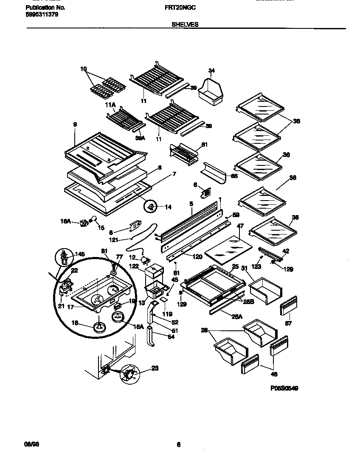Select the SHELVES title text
[185, 25]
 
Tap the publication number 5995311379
[42, 14]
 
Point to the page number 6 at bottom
[179, 444]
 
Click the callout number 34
[211, 70]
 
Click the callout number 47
[240, 226]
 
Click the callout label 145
[80, 254]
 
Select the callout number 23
[155, 369]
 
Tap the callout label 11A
[110, 104]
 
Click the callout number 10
[83, 69]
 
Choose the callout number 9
[75, 125]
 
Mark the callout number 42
[286, 251]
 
